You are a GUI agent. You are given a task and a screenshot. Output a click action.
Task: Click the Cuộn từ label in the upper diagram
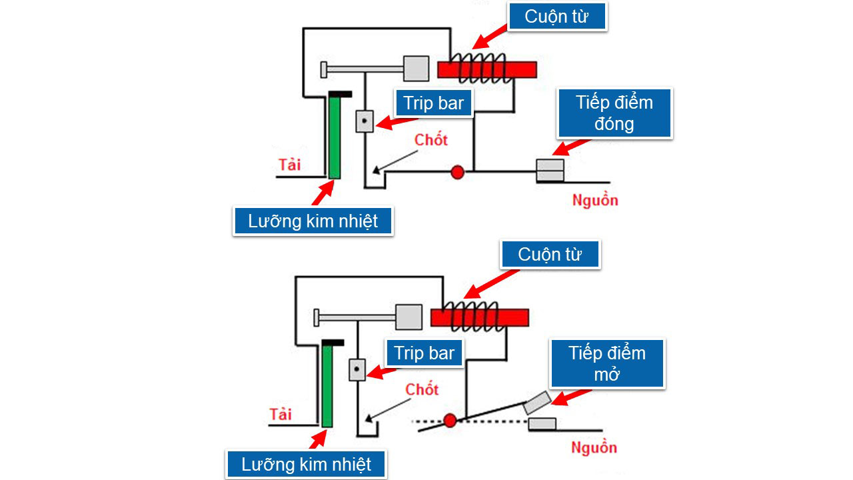point(556,17)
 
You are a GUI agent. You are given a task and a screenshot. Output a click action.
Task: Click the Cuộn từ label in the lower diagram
point(550,255)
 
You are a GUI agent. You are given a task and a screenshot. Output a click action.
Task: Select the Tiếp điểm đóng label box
point(614,113)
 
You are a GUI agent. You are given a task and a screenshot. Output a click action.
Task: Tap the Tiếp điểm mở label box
point(607,363)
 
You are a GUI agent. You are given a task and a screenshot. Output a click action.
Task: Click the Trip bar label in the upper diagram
point(434,103)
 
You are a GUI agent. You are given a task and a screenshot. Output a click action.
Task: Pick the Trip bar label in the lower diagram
point(424,353)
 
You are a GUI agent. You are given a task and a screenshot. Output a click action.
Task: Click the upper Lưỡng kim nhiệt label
point(313,221)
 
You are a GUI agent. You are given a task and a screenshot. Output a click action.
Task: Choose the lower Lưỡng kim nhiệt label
point(306,463)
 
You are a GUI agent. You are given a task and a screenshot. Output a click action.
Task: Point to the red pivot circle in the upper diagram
point(457,172)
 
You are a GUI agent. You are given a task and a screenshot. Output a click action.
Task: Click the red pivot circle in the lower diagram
point(450,420)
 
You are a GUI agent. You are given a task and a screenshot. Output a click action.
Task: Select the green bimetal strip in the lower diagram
point(327,387)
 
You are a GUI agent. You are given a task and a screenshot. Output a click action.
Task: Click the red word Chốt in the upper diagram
point(431,140)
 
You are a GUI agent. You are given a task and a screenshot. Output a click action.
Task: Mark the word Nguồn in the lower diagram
point(594,447)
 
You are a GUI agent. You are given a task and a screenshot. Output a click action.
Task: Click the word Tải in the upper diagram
point(289,164)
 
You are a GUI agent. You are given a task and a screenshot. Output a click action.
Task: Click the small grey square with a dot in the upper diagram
point(365,121)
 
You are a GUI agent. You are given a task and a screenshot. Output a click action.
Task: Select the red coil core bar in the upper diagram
point(486,69)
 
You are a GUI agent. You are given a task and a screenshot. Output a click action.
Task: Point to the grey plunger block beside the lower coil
point(409,317)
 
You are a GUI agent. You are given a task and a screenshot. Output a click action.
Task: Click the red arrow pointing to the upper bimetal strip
point(321,194)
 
